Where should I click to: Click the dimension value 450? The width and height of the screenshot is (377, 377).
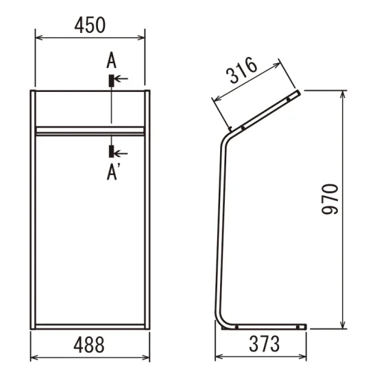(90, 25)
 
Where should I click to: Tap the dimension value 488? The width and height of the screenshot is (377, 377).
(89, 345)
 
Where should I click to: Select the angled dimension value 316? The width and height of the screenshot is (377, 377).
(243, 70)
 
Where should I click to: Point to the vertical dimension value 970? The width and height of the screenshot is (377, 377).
(330, 199)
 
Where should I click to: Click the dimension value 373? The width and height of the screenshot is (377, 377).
(264, 344)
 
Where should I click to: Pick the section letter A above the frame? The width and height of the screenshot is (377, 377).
(111, 60)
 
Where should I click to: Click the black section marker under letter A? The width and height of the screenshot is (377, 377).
(111, 81)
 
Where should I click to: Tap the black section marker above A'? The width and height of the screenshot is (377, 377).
(111, 151)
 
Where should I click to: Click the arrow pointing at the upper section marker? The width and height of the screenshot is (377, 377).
(121, 78)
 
